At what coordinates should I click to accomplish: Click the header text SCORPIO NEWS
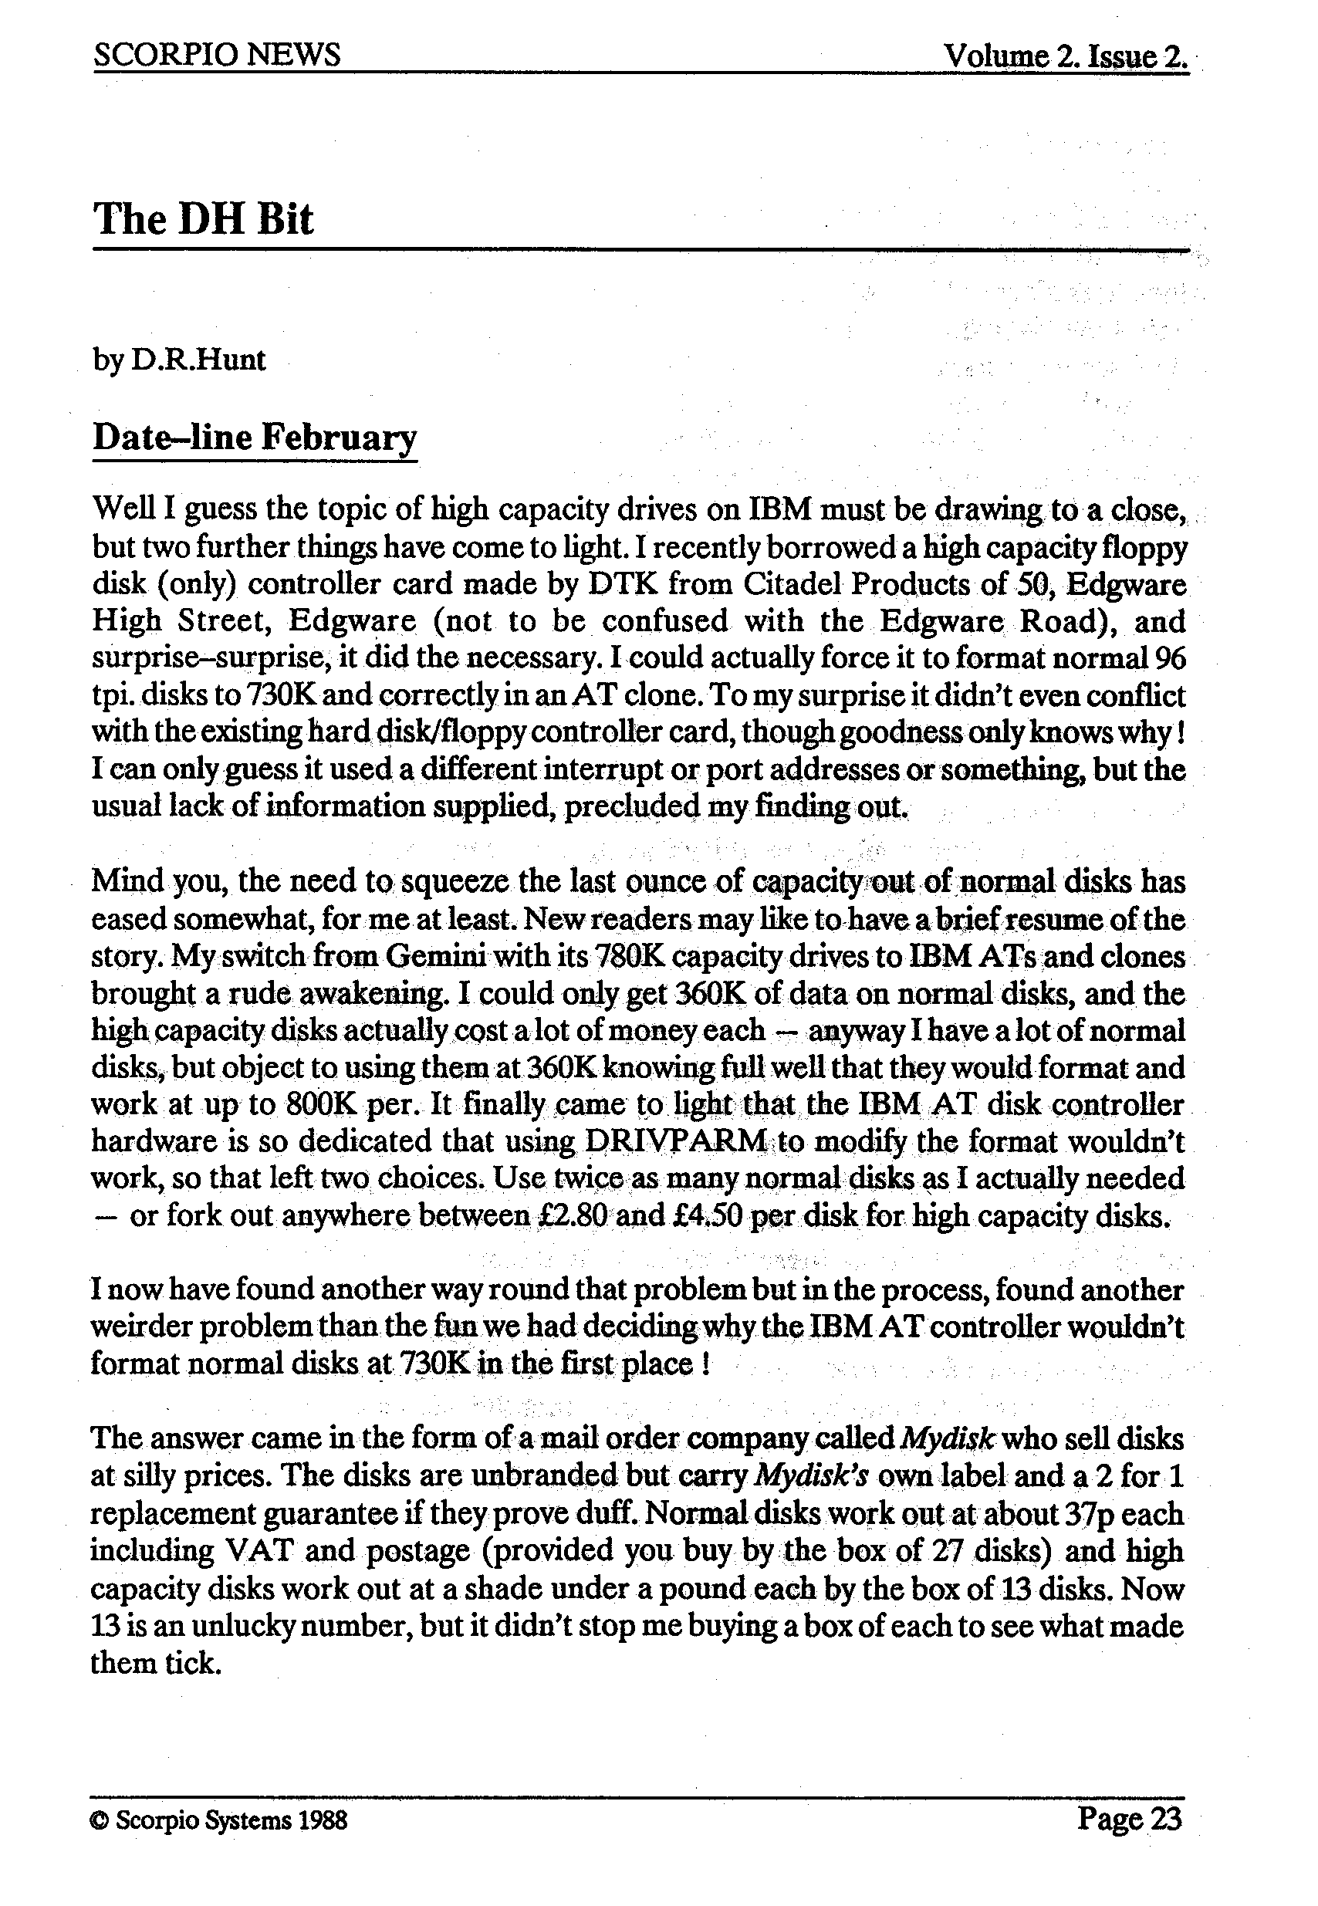[217, 56]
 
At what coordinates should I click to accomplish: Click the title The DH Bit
[203, 220]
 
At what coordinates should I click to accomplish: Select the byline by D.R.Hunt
[179, 360]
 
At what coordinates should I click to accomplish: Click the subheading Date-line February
[255, 437]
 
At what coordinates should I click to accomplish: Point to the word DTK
[617, 585]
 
